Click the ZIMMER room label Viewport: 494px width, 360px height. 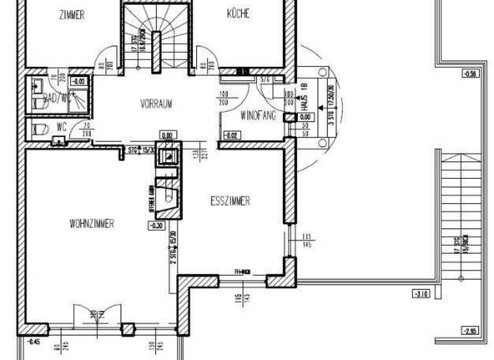tap(71, 15)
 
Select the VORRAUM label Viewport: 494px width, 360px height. tap(156, 104)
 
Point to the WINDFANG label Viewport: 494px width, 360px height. tap(258, 116)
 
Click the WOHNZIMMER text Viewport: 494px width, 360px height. tap(92, 224)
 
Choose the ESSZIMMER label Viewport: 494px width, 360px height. tap(230, 201)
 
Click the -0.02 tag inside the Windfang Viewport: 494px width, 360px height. tap(231, 135)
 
